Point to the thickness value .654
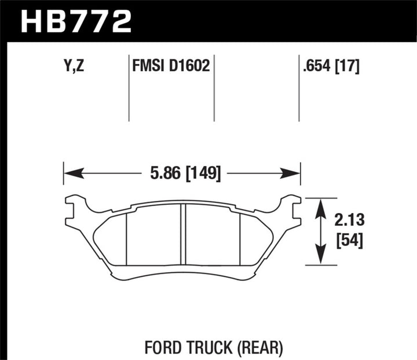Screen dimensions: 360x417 [317, 67]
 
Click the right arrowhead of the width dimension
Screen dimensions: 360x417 [292, 172]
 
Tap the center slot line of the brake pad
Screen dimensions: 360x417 [182, 234]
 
